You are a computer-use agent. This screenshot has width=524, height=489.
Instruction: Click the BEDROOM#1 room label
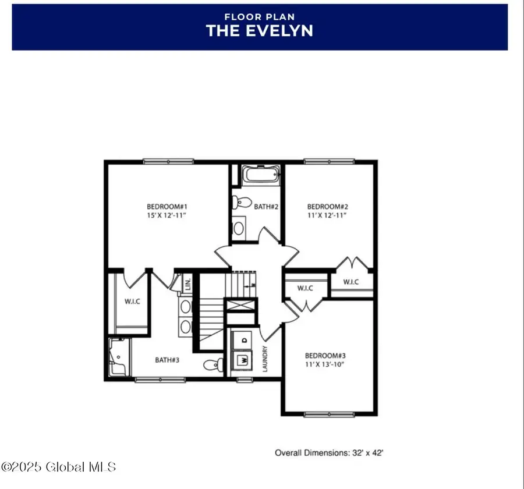[x=167, y=206]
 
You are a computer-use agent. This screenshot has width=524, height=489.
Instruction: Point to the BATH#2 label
[x=265, y=206]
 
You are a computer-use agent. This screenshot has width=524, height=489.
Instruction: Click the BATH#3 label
[x=167, y=360]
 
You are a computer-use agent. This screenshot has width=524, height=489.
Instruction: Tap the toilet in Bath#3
[x=213, y=365]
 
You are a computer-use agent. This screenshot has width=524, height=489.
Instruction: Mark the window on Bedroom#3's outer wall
[x=329, y=414]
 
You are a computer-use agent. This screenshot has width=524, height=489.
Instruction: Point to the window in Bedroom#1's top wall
[x=161, y=161]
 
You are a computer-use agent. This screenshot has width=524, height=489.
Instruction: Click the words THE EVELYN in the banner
[x=259, y=31]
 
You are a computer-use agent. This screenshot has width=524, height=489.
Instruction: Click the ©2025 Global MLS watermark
[x=58, y=467]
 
